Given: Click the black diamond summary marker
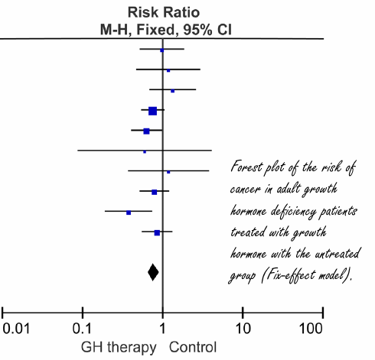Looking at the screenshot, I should pos(153,271).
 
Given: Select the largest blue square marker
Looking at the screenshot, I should pos(152,112).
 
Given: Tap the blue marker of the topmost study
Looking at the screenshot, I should pos(161,50).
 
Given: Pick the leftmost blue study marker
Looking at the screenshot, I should pos(129,212).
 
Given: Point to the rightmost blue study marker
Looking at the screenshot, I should pos(173,91).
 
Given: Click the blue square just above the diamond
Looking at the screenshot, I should pos(157,232).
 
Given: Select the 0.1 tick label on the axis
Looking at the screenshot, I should pos(82,330).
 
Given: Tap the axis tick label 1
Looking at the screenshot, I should pos(162,330).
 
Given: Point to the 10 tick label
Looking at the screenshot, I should pos(243,330).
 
